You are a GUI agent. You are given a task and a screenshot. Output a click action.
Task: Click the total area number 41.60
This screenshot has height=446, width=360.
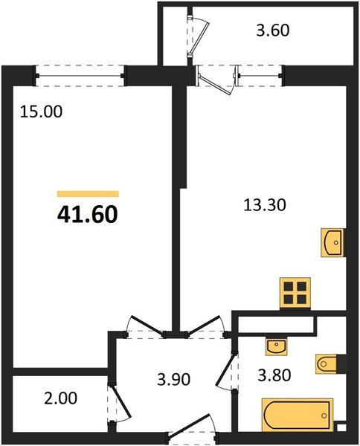click(x=87, y=215)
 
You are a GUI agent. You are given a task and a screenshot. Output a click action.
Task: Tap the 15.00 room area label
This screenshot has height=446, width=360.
click(x=42, y=113)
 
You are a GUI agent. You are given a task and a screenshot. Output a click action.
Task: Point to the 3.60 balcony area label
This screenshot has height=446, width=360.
click(x=271, y=31)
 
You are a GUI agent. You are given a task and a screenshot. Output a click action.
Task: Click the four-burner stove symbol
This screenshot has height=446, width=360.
click(x=295, y=293)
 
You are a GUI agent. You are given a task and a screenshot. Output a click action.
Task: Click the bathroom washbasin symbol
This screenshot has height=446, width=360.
click(x=277, y=346)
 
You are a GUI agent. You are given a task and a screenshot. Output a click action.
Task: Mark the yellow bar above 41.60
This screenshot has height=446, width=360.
click(x=87, y=193)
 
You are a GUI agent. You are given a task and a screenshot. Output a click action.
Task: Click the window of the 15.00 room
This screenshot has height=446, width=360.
click(x=80, y=73)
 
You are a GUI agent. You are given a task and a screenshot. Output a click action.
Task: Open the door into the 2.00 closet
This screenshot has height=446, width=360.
click(x=114, y=404)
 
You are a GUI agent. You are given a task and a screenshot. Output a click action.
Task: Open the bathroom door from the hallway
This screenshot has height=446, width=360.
click(x=226, y=375)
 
